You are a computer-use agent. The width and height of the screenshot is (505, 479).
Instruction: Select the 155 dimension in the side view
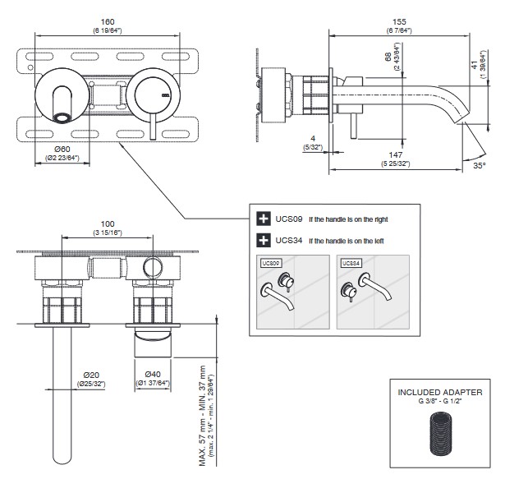click(x=398, y=23)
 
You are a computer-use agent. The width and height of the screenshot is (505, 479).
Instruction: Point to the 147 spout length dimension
click(x=398, y=154)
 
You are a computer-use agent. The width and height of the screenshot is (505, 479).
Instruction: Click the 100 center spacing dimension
click(x=107, y=223)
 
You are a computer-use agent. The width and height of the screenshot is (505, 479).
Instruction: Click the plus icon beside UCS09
click(x=264, y=219)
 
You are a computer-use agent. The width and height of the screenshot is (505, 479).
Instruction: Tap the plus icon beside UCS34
click(x=264, y=241)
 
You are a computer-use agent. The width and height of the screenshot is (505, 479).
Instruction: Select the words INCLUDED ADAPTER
click(x=439, y=393)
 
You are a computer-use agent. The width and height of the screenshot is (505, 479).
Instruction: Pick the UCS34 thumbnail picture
click(x=372, y=292)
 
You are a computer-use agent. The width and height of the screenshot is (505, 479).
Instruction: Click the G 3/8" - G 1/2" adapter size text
click(x=439, y=403)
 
